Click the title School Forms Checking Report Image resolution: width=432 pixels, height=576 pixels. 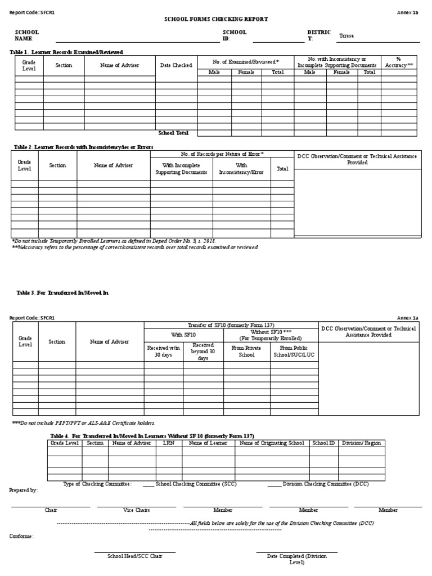click(x=215, y=19)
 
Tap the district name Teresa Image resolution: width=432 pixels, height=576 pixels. click(x=346, y=36)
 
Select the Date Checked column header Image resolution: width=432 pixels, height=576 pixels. click(x=176, y=65)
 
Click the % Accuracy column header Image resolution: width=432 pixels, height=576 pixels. click(x=399, y=62)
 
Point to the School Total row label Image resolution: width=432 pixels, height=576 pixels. click(x=174, y=133)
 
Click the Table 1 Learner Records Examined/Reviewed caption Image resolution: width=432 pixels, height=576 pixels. click(x=66, y=52)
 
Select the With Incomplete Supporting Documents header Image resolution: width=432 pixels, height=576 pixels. click(x=181, y=169)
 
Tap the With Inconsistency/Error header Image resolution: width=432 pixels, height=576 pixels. click(x=241, y=169)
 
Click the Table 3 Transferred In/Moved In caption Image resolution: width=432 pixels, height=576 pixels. click(x=62, y=293)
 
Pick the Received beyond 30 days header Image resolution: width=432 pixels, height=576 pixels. click(x=203, y=352)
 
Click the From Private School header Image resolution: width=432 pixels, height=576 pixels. click(x=246, y=352)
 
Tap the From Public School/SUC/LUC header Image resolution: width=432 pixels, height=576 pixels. click(x=295, y=352)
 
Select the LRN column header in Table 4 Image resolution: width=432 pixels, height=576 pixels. click(x=169, y=443)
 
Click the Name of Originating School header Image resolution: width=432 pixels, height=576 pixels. click(x=272, y=443)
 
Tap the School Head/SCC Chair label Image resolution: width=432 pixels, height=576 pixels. click(x=135, y=556)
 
